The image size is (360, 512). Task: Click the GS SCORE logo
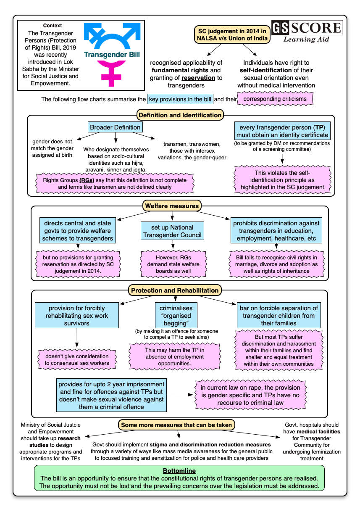tap(307, 31)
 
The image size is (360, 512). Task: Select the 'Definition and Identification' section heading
tap(180, 115)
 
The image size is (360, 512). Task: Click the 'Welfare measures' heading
tap(172, 206)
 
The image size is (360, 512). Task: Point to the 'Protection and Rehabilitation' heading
tap(175, 290)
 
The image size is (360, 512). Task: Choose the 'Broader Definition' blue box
tap(115, 127)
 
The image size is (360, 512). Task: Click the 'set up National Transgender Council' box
tap(172, 231)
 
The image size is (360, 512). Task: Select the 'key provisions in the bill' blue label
tap(180, 100)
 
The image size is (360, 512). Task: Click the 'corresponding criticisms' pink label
tap(275, 100)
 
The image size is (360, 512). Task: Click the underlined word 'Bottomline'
tap(179, 471)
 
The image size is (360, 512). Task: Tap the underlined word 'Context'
tap(53, 26)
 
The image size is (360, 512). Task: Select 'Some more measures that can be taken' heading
tap(176, 425)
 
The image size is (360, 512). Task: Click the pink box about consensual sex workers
tap(77, 360)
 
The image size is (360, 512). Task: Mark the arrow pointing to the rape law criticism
tap(181, 395)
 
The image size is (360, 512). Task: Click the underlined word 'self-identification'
tap(265, 70)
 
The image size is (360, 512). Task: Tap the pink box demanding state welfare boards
tap(172, 264)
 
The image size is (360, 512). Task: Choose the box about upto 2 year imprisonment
tap(111, 395)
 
